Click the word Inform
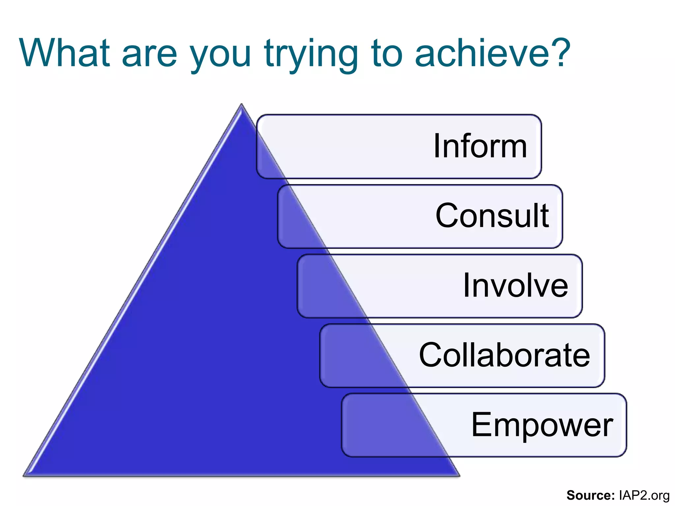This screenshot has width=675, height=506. pyautogui.click(x=480, y=146)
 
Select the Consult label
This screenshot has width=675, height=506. pyautogui.click(x=492, y=215)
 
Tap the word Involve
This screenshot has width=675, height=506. pyautogui.click(x=515, y=285)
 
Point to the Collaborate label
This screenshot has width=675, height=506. pyautogui.click(x=504, y=355)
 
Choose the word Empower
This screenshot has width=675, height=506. pyautogui.click(x=542, y=425)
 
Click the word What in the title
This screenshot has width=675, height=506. pyautogui.click(x=65, y=53)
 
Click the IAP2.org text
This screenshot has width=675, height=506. pyautogui.click(x=644, y=495)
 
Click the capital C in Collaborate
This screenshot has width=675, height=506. pyautogui.click(x=430, y=355)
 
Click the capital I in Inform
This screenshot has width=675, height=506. pyautogui.click(x=437, y=146)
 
